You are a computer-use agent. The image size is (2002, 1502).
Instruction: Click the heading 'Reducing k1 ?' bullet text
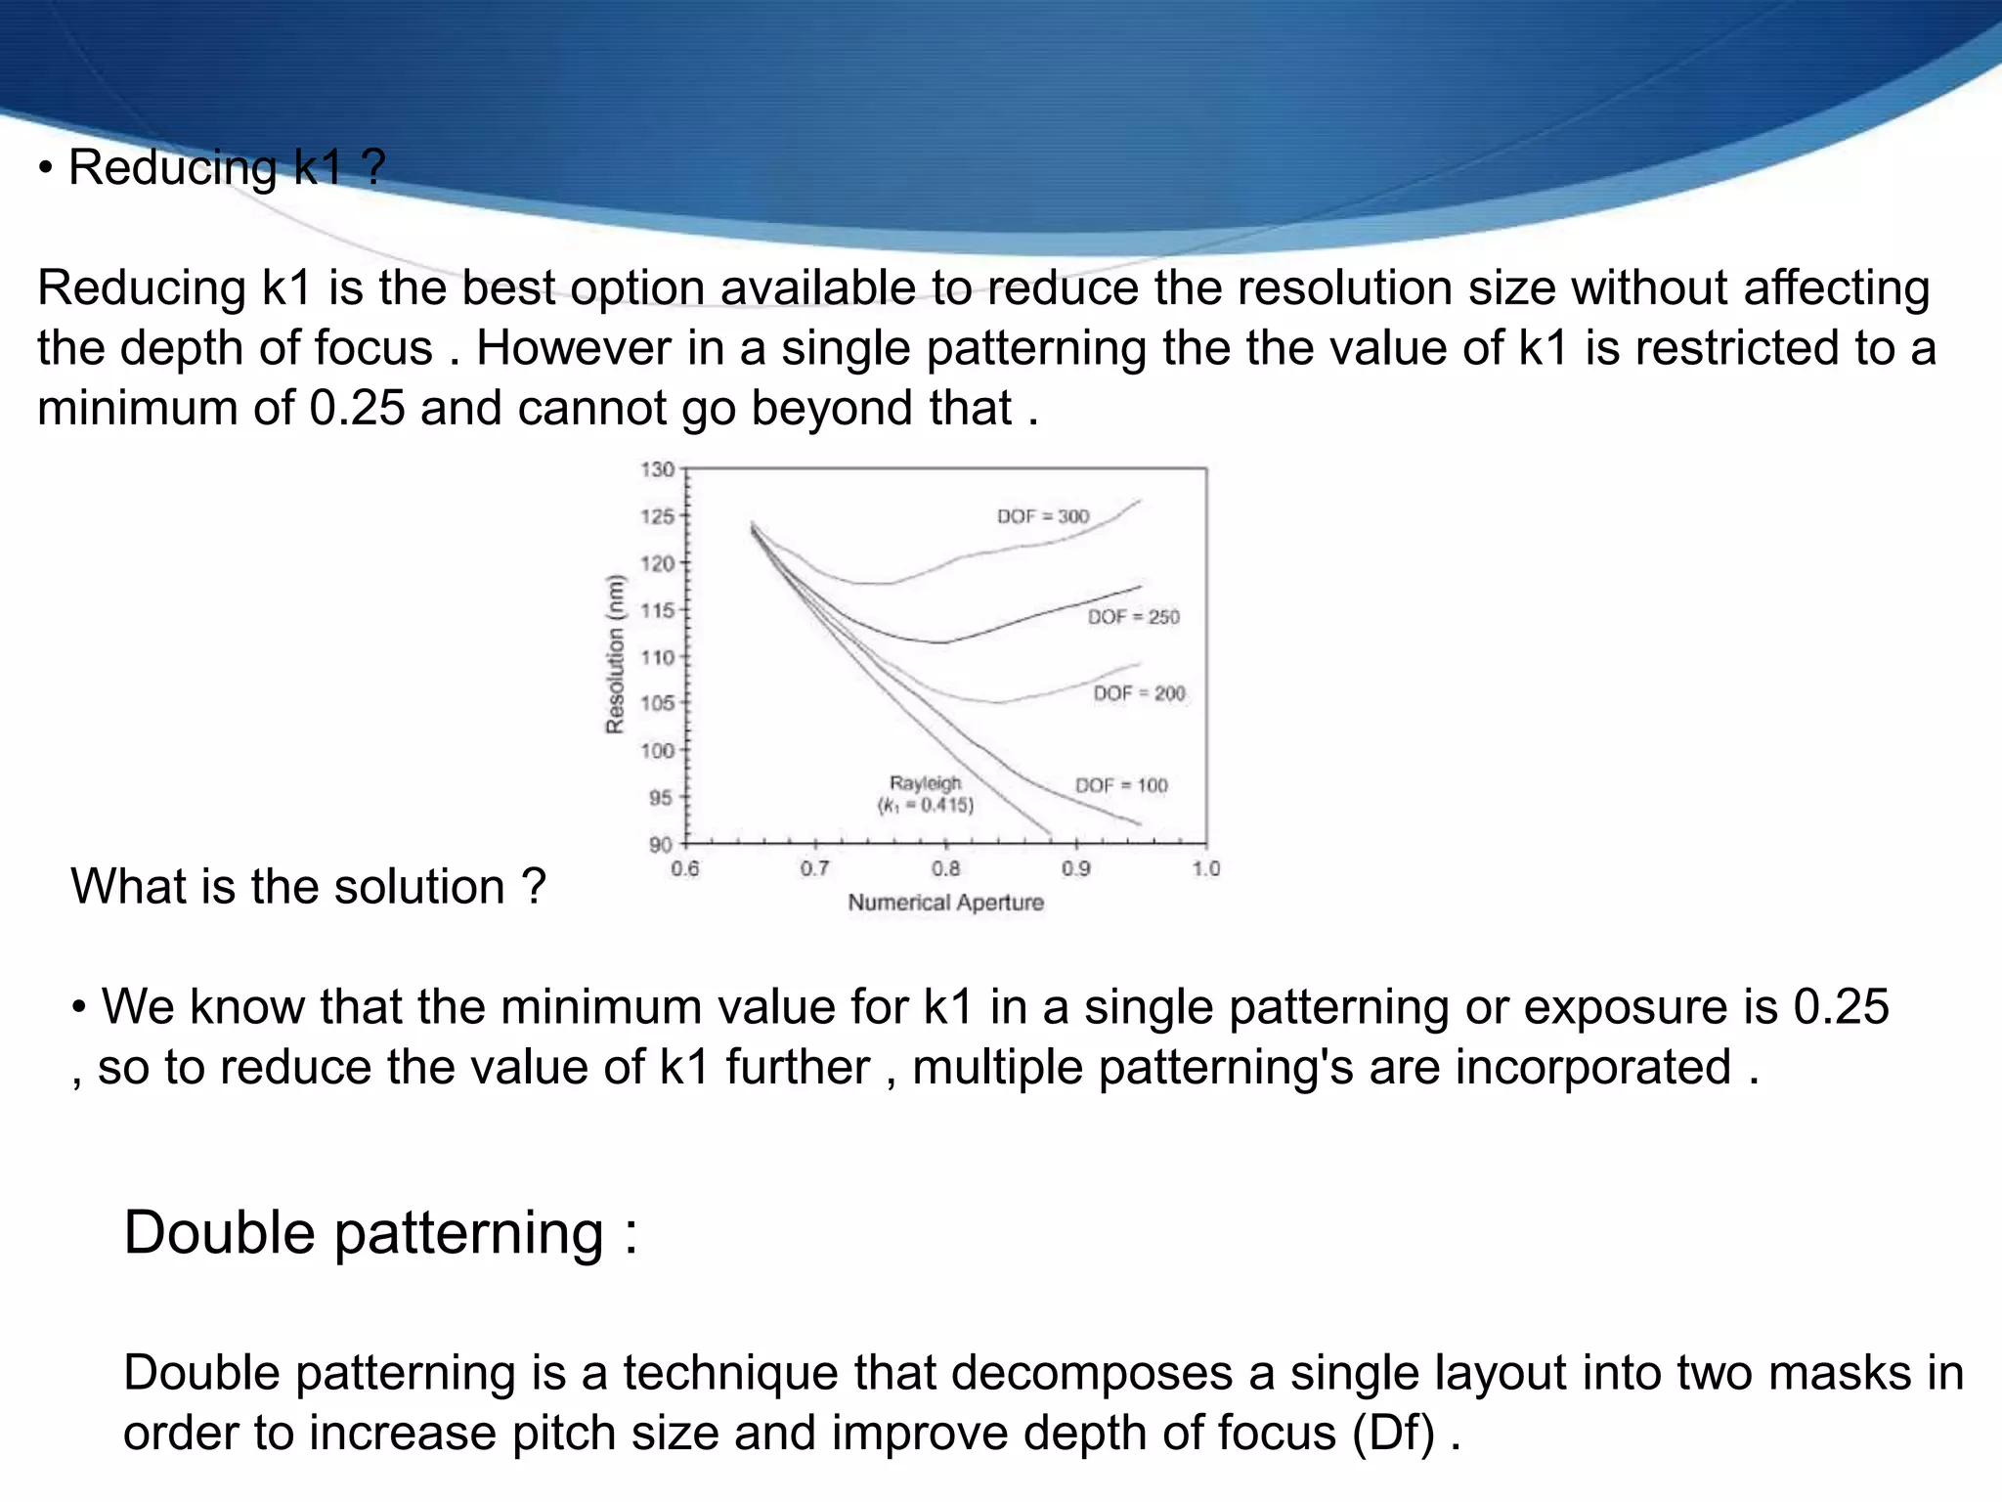226,167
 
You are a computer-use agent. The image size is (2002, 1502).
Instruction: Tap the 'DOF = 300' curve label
1042,516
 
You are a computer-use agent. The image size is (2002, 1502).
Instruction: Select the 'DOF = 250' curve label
1133,617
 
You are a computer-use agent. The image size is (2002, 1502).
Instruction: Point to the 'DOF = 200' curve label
1139,693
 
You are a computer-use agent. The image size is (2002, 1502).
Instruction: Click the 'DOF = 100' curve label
1121,785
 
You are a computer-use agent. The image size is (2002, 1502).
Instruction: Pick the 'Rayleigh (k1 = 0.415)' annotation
925,794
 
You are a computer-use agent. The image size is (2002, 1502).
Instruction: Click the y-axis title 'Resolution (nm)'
615,654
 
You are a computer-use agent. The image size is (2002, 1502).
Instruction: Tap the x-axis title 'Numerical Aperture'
945,903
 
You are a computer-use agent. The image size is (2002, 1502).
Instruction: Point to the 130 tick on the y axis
658,469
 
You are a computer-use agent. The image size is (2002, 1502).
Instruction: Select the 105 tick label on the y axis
658,703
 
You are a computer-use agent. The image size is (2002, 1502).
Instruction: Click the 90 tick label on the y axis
661,844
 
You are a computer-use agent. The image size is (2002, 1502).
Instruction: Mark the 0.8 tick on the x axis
945,868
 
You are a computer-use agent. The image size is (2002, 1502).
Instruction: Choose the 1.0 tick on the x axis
1206,868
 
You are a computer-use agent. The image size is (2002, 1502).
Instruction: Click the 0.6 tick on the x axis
684,868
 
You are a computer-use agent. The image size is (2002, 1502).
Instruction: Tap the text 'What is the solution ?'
308,887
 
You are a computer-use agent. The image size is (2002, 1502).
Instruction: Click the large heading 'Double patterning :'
380,1232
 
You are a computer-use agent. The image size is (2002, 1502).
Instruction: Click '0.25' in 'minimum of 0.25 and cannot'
357,408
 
